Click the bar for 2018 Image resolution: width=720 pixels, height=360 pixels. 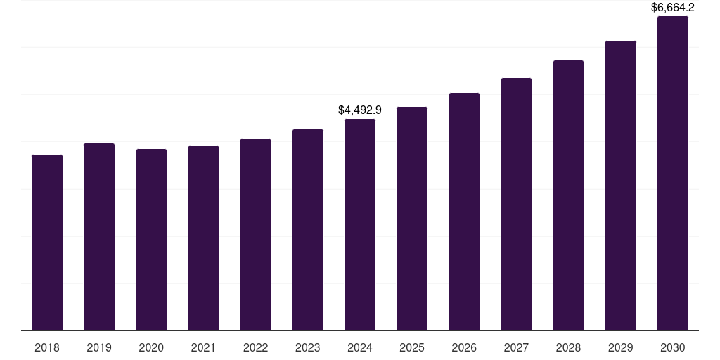(47, 243)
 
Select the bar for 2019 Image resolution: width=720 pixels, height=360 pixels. (99, 237)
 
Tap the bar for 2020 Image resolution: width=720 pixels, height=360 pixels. (151, 240)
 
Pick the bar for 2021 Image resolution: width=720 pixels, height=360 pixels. (203, 238)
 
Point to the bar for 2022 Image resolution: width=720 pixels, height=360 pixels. (255, 234)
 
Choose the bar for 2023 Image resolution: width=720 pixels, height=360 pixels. (308, 230)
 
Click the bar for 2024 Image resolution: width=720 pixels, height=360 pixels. (360, 224)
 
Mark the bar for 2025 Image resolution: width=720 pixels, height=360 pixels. (412, 219)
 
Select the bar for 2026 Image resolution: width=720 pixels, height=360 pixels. (464, 212)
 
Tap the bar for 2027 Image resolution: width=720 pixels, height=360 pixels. (516, 204)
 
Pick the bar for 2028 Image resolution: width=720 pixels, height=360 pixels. (568, 195)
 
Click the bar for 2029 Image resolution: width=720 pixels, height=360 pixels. (620, 186)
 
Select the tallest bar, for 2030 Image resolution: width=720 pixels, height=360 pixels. (673, 173)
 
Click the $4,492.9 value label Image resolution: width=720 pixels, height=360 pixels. (360, 110)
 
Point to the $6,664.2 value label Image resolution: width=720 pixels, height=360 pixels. (673, 8)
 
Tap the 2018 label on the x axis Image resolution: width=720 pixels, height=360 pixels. (47, 347)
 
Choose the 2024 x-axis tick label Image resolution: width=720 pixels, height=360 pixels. (360, 347)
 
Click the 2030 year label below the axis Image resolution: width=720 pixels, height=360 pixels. (673, 347)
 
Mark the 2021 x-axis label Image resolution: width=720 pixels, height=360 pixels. (203, 347)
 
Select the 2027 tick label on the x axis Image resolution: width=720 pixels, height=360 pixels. (516, 347)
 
